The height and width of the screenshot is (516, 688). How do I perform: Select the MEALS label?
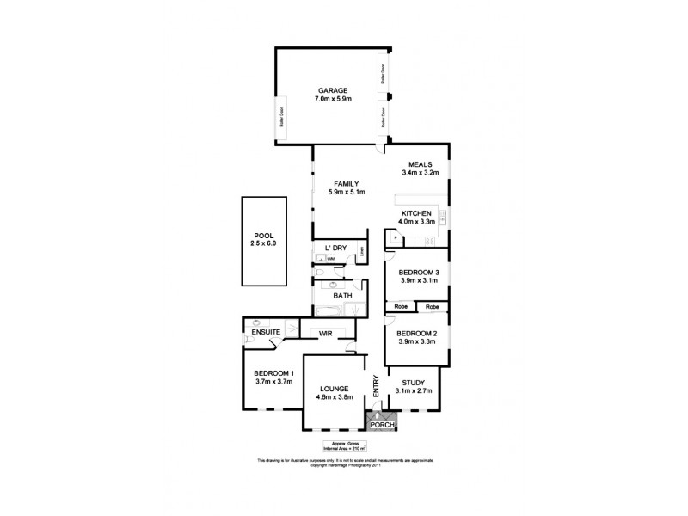(x=420, y=164)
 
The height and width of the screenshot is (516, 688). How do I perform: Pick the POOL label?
(x=264, y=235)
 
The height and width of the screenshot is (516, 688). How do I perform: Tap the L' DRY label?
(x=335, y=249)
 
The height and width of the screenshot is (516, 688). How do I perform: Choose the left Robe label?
(x=401, y=306)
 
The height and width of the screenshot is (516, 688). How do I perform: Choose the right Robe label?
(x=432, y=306)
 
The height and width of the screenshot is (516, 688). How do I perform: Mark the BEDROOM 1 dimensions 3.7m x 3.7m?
(x=274, y=382)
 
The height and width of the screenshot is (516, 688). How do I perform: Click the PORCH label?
(x=381, y=425)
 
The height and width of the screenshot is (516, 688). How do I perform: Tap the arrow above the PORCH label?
(x=377, y=415)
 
